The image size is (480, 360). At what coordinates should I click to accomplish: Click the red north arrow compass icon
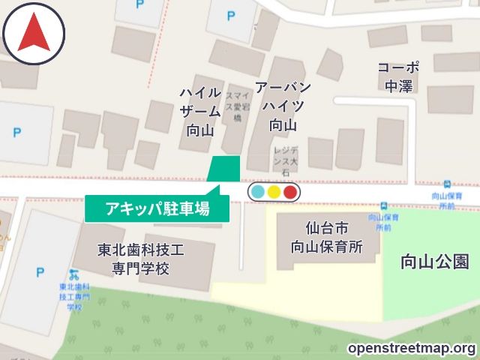pyautogui.click(x=34, y=34)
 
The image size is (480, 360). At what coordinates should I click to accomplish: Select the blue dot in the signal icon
pyautogui.click(x=258, y=192)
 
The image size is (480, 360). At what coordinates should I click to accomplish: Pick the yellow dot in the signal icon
pyautogui.click(x=274, y=192)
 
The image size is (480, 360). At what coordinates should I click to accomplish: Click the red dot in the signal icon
pyautogui.click(x=290, y=192)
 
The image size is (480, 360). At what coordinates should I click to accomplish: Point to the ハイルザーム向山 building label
pyautogui.click(x=200, y=111)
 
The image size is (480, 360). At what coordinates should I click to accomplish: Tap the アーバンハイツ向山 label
pyautogui.click(x=283, y=106)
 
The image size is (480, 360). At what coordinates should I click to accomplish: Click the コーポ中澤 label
pyautogui.click(x=398, y=76)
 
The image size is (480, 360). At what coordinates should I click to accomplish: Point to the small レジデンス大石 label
pyautogui.click(x=285, y=160)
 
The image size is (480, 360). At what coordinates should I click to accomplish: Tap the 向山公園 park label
pyautogui.click(x=435, y=262)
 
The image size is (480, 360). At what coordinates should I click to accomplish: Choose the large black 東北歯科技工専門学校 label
pyautogui.click(x=141, y=259)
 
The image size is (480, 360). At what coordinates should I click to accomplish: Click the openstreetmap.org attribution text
pyautogui.click(x=412, y=349)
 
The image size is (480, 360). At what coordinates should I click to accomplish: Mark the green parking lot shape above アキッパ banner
pyautogui.click(x=225, y=169)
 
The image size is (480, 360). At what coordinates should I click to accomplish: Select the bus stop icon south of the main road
pyautogui.click(x=384, y=206)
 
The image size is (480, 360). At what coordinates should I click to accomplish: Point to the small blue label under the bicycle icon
pyautogui.click(x=73, y=296)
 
